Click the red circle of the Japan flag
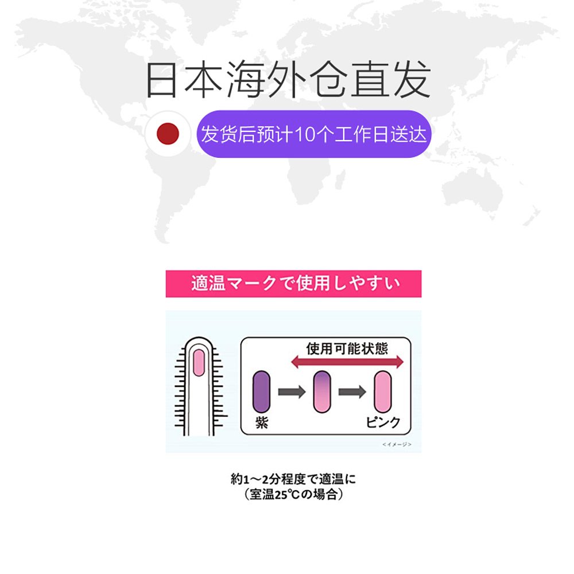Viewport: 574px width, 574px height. pos(168,134)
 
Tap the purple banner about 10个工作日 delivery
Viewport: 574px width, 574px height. pos(313,134)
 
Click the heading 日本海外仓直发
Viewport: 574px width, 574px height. pos(288,81)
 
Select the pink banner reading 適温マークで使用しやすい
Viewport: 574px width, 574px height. pos(293,284)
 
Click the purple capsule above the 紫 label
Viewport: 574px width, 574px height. pos(261,391)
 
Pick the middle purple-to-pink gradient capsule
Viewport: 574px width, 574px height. pos(322,391)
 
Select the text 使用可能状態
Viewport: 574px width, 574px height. pos(347,348)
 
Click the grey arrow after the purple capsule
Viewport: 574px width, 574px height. pos(292,392)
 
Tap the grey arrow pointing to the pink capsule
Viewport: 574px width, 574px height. pos(352,392)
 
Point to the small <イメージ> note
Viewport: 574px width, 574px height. pos(397,444)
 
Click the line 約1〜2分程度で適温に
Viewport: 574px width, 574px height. pos(293,479)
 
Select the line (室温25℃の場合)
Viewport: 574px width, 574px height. pos(293,494)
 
